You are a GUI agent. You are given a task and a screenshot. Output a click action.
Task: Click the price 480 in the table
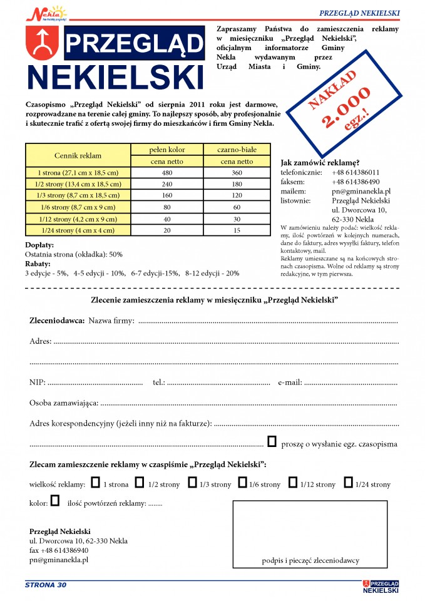coord(166,172)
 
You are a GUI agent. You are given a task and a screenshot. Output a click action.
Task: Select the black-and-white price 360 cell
coord(237,172)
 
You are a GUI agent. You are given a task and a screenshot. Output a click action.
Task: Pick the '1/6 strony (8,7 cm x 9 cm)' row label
coord(78,207)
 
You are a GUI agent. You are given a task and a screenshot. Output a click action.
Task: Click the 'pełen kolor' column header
coord(167,150)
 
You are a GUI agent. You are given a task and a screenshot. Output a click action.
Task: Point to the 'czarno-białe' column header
coord(237,150)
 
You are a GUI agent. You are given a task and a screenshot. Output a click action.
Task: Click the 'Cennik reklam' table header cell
coord(78,155)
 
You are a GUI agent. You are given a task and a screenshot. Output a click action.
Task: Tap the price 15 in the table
coord(237,230)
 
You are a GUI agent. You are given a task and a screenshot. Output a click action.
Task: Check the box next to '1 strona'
coord(95,483)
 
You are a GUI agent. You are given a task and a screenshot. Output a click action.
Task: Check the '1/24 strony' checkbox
coord(347,483)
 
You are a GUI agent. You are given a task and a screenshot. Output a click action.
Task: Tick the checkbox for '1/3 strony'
coord(193,483)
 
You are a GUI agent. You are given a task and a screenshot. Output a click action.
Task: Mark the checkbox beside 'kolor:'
coord(55,501)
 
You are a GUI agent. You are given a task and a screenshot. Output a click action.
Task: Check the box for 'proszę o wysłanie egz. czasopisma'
coord(272,442)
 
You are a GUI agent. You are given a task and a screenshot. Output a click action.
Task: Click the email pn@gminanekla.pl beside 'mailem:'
coord(361,191)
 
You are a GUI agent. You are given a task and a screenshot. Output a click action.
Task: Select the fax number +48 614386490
coord(356,182)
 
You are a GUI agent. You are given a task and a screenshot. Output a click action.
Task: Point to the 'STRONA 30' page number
coord(45,585)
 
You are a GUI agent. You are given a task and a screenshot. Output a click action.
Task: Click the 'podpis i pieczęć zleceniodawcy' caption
coord(315,561)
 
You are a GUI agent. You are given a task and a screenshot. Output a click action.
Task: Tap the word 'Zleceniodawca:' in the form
coord(57,321)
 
